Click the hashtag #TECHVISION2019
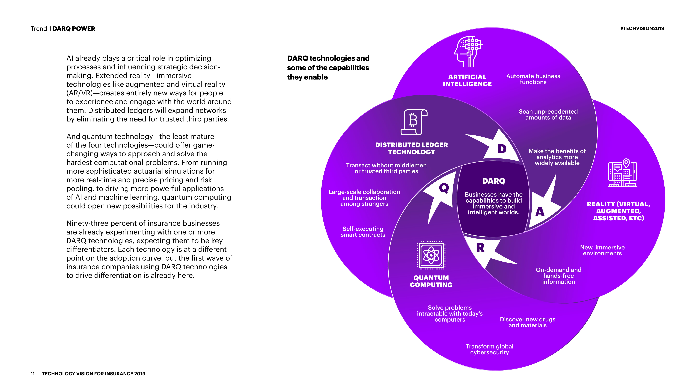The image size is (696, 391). [642, 28]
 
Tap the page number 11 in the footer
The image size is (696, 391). [33, 374]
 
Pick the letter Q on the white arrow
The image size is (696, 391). [444, 188]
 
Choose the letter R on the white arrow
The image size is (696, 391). [480, 248]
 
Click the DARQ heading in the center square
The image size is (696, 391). [494, 181]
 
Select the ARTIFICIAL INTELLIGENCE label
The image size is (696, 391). [467, 80]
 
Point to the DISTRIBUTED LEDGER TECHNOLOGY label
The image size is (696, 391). [412, 148]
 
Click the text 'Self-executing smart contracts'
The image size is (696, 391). [363, 232]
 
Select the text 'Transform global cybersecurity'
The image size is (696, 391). [490, 349]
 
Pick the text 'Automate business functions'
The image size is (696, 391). [533, 79]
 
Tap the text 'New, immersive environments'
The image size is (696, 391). [602, 250]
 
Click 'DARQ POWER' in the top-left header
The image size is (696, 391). [74, 29]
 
